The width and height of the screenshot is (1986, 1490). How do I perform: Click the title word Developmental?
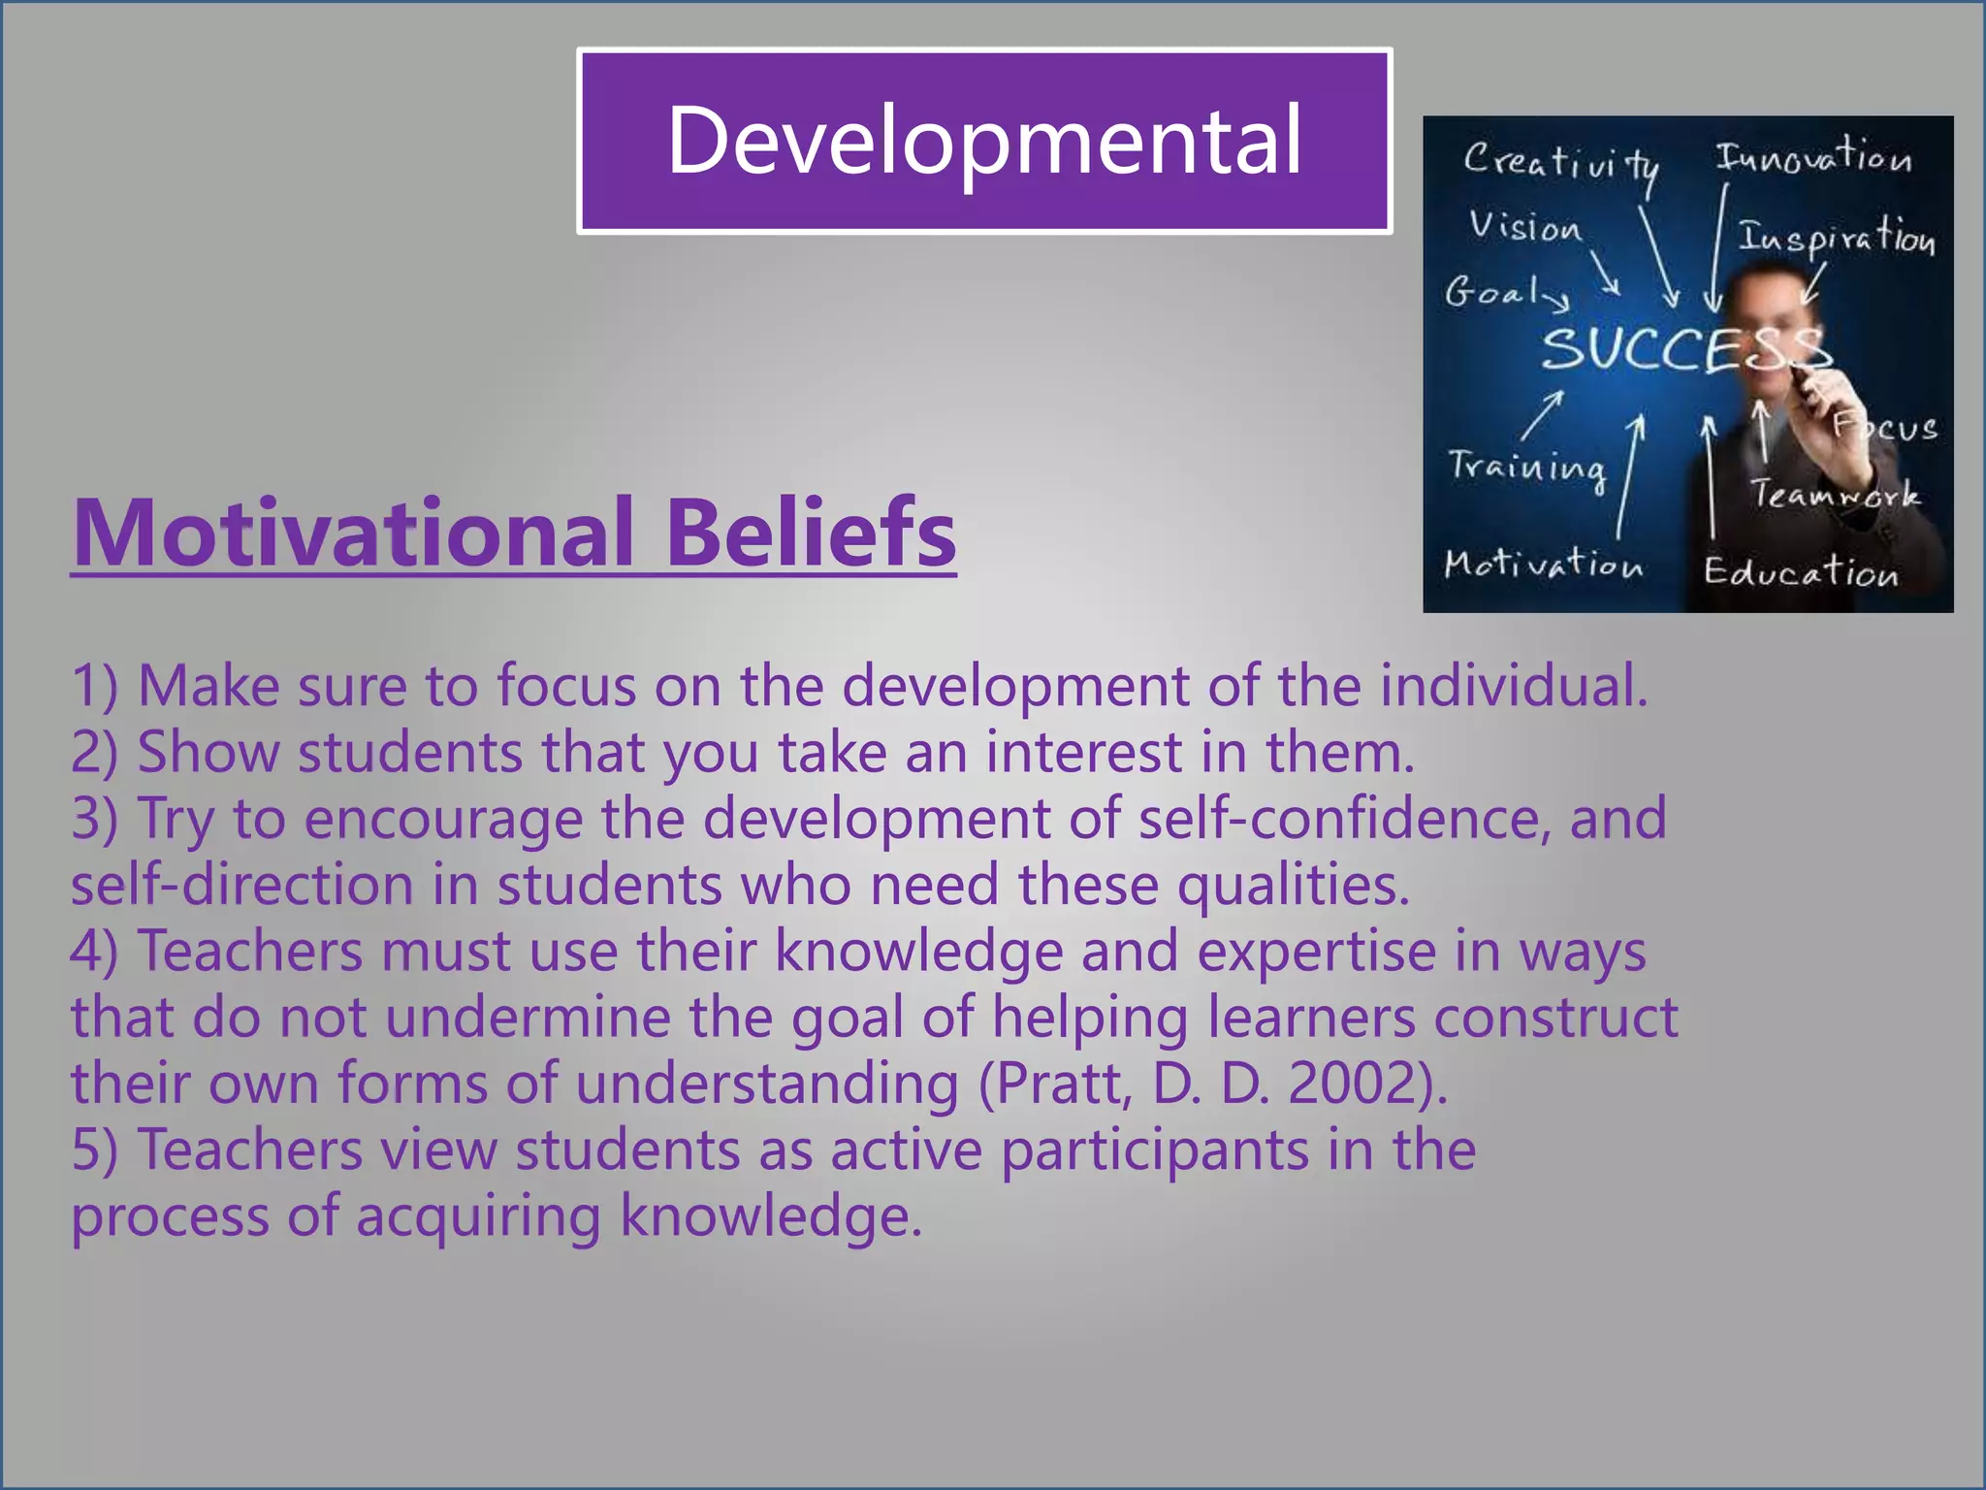click(984, 142)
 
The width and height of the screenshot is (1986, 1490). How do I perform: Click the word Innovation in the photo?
click(1813, 157)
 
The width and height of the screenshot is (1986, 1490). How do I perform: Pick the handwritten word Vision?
click(1524, 227)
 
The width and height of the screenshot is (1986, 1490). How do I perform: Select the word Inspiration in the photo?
click(1836, 238)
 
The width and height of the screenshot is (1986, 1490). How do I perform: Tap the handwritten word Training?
click(1526, 468)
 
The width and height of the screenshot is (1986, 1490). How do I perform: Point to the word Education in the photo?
click(1801, 572)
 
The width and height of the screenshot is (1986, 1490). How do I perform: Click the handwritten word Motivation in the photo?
click(1543, 565)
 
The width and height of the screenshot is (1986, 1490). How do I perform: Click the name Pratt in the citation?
click(1063, 1084)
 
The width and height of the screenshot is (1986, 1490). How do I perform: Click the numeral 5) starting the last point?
click(94, 1150)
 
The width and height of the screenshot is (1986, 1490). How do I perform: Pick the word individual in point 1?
click(1513, 686)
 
